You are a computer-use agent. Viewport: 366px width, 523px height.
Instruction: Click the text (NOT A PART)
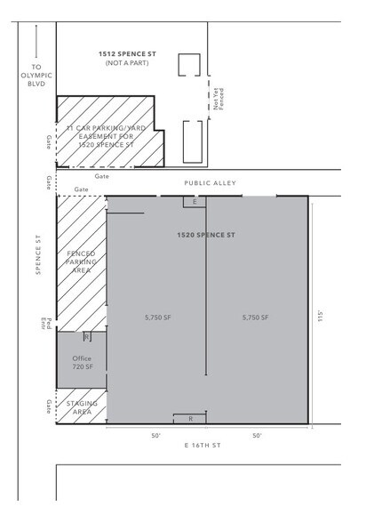click(129, 64)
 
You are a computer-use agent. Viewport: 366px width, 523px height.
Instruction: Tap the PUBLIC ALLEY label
click(207, 182)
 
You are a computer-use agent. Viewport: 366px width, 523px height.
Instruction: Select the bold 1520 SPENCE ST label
click(204, 235)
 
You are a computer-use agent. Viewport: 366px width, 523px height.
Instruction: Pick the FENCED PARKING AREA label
click(81, 262)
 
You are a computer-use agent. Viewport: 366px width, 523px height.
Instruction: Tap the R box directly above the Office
click(86, 337)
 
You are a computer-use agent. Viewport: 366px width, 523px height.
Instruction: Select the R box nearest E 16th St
click(191, 418)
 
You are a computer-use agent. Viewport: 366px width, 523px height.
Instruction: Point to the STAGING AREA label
click(82, 408)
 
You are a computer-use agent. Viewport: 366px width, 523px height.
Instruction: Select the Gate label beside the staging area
click(49, 406)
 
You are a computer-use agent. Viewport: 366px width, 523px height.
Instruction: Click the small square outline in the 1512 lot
click(188, 66)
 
